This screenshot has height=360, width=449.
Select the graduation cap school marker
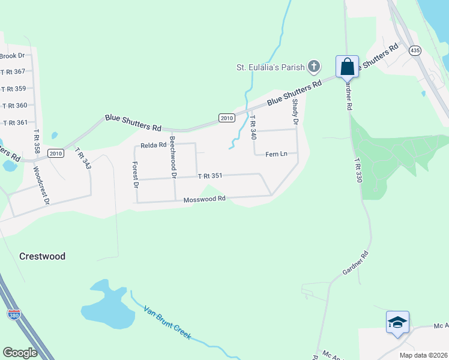pyautogui.click(x=397, y=323)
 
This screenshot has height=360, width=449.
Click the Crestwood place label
pyautogui.click(x=42, y=256)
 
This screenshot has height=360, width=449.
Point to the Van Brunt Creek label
pyautogui.click(x=167, y=323)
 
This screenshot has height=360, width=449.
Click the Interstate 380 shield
pyautogui.click(x=14, y=314)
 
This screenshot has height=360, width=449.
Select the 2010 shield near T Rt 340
pyautogui.click(x=226, y=118)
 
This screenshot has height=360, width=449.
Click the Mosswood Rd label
pyautogui.click(x=204, y=199)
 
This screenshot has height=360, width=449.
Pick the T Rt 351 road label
pyautogui.click(x=210, y=176)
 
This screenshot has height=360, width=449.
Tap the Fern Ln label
pyautogui.click(x=276, y=154)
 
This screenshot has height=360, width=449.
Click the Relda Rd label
pyautogui.click(x=153, y=145)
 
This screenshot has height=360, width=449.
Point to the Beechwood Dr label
pyautogui.click(x=173, y=157)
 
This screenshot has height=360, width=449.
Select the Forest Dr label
pyautogui.click(x=136, y=175)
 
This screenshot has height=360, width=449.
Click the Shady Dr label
pyautogui.click(x=295, y=112)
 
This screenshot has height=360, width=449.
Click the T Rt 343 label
pyautogui.click(x=83, y=158)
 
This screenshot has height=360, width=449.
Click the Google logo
pyautogui.click(x=20, y=352)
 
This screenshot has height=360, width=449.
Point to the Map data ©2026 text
pyautogui.click(x=422, y=355)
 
